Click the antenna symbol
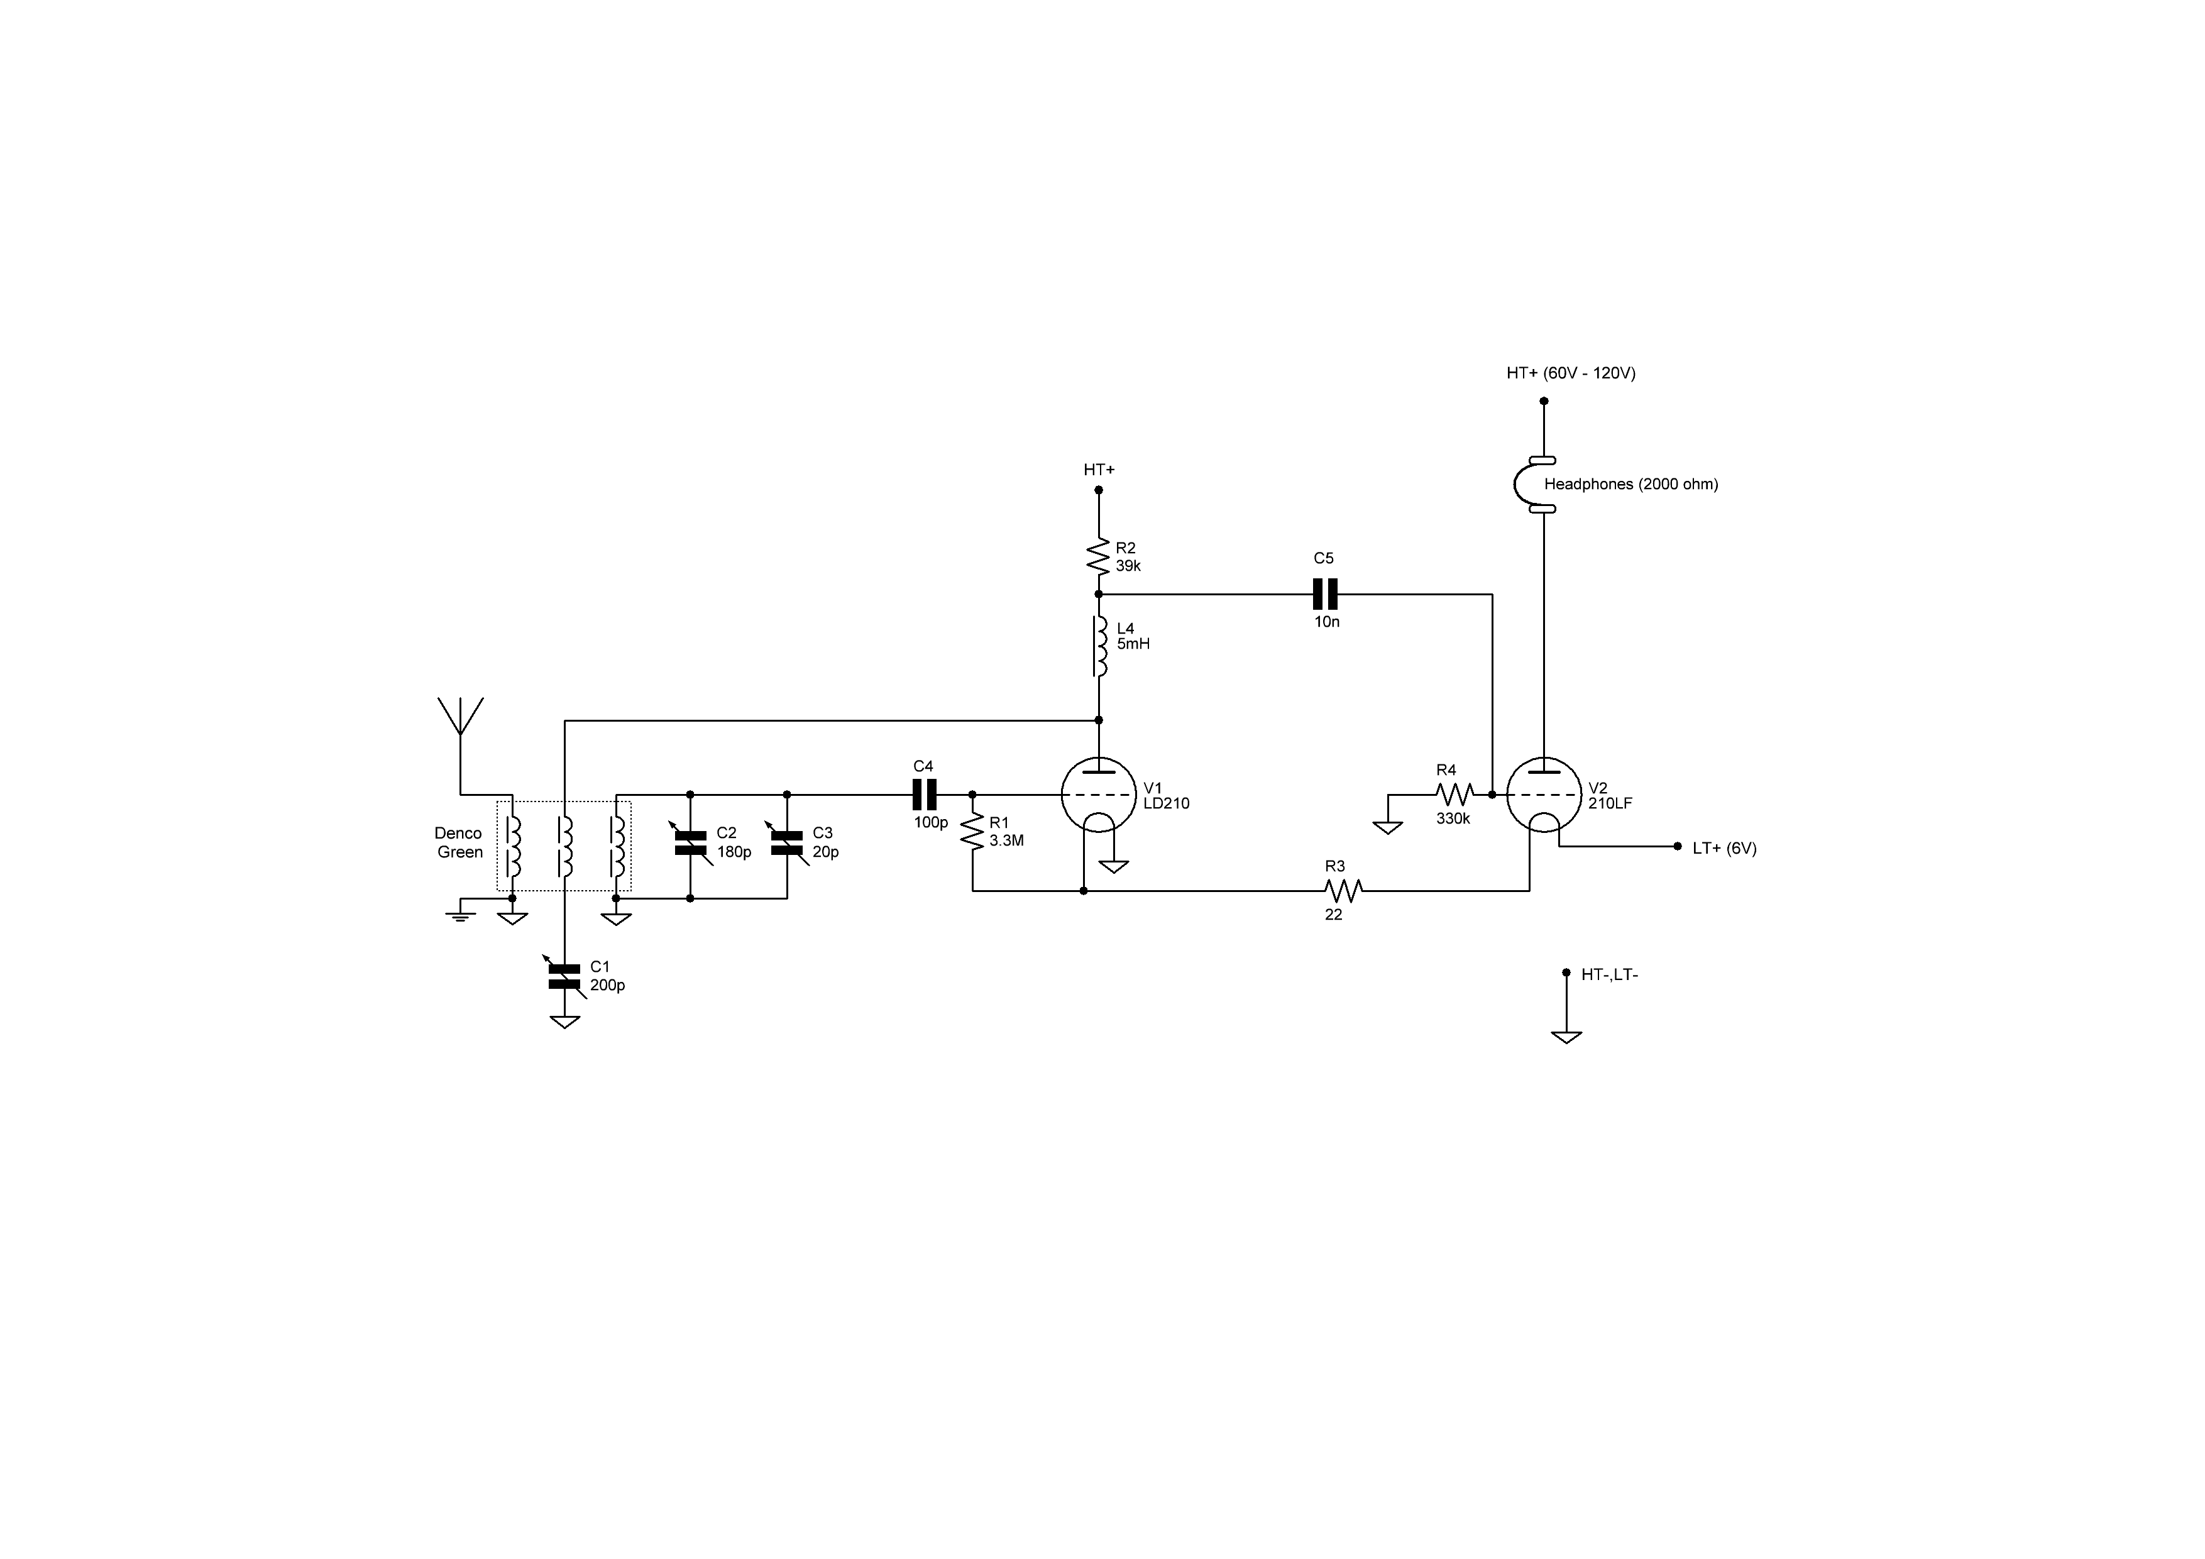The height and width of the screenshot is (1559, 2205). click(x=460, y=715)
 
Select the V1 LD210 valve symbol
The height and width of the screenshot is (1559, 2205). click(x=1099, y=795)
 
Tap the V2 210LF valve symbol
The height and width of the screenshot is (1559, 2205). click(x=1543, y=795)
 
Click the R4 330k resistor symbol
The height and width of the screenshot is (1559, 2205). click(x=1454, y=795)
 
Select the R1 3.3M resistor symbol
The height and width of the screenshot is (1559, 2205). click(x=973, y=832)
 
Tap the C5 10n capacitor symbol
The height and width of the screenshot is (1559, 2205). click(x=1324, y=595)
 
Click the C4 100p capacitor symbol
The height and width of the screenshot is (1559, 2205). click(x=923, y=795)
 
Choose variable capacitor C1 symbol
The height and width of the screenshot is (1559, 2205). click(x=564, y=975)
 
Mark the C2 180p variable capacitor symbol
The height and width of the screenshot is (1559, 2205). click(x=691, y=842)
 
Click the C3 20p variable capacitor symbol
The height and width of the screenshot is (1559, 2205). click(x=786, y=842)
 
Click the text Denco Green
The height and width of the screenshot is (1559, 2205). click(x=459, y=842)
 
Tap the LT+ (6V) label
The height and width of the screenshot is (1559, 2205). click(x=1724, y=848)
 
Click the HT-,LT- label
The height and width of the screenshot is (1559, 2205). click(x=1610, y=975)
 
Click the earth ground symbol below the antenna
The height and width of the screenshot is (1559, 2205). click(x=461, y=915)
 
